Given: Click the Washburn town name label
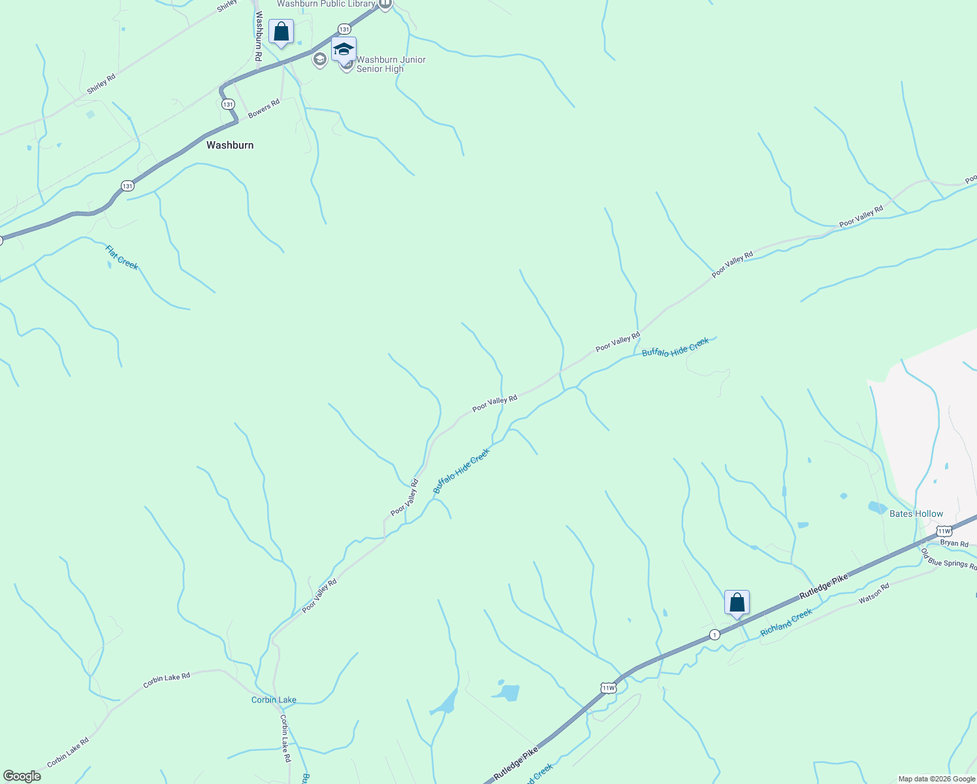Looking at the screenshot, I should (230, 145).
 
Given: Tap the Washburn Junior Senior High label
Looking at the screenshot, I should (391, 64).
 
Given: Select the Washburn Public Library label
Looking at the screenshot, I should (326, 4).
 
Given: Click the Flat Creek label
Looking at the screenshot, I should (122, 257).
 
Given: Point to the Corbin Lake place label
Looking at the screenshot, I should (274, 700).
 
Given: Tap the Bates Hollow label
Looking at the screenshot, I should (916, 514).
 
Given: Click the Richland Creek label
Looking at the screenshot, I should (786, 623).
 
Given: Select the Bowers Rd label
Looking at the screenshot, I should (264, 108).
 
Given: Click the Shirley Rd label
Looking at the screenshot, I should (101, 84).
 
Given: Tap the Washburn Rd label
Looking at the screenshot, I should (259, 37).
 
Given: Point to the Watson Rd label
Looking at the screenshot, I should (874, 593).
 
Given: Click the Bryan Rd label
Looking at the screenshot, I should (954, 543).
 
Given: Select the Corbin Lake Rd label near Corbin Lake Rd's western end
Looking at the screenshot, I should (68, 753).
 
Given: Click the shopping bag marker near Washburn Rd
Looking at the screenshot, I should (281, 32).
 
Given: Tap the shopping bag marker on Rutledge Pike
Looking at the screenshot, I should (737, 603).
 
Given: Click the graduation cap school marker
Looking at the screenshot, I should (344, 50).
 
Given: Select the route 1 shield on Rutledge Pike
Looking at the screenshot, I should (714, 634).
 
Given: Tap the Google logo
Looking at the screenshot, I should (22, 776).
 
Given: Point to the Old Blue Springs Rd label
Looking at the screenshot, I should (949, 559).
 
